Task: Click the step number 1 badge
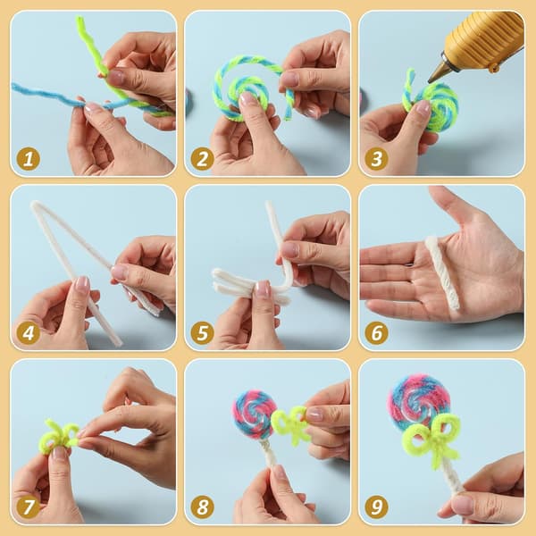29,159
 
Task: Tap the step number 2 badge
203,159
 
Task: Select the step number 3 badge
376,159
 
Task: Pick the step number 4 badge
29,333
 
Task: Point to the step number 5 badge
203,333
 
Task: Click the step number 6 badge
376,333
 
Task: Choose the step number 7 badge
29,507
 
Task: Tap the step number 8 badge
203,507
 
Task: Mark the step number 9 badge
376,507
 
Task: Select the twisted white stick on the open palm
441,272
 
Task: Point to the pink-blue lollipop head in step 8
254,414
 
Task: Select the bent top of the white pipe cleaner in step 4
35,205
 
